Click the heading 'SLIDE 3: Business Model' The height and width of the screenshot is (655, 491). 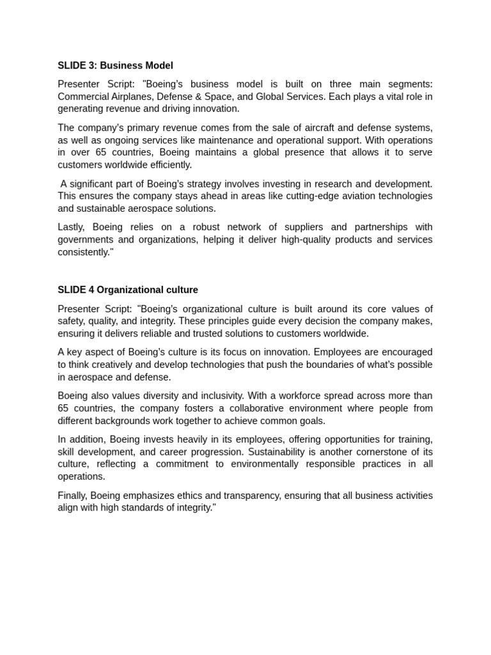pyautogui.click(x=115, y=66)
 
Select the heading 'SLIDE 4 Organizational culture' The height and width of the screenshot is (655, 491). pyautogui.click(x=128, y=290)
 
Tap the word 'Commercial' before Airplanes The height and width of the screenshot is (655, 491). pyautogui.click(x=81, y=97)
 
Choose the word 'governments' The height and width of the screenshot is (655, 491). pyautogui.click(x=85, y=240)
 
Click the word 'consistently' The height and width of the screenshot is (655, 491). pyautogui.click(x=84, y=252)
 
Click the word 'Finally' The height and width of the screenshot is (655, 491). pyautogui.click(x=72, y=496)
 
